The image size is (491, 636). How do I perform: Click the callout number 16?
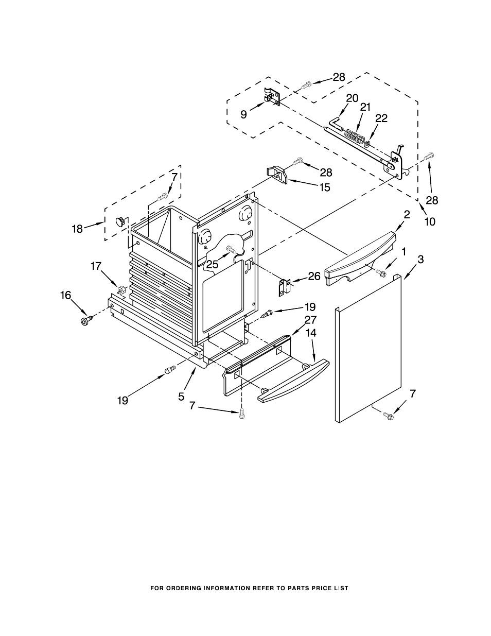[x=66, y=295]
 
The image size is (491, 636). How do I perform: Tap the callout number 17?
[x=96, y=266]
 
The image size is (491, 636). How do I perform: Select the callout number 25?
[x=213, y=264]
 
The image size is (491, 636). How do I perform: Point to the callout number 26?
[x=314, y=276]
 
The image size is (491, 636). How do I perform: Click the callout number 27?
[x=310, y=320]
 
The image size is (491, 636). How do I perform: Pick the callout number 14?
[x=311, y=333]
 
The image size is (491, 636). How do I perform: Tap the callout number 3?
[x=420, y=260]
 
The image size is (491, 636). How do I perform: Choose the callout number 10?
[x=430, y=221]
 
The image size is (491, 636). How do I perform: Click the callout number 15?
[x=325, y=187]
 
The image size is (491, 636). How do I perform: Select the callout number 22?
[x=381, y=118]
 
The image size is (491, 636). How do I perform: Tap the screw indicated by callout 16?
[x=86, y=320]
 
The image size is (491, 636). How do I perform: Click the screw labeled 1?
[x=381, y=273]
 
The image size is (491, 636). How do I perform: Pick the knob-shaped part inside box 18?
[x=121, y=221]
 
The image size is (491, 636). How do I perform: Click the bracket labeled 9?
[x=271, y=96]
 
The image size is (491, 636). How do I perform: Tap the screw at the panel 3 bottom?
[x=388, y=414]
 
